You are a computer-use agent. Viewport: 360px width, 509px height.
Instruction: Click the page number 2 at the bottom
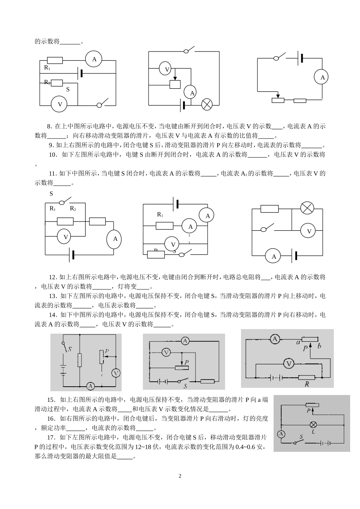[x=180, y=476]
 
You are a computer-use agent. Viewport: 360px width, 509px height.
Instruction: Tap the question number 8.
[x=49, y=126]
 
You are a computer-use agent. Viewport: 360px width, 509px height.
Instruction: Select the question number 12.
[x=53, y=277]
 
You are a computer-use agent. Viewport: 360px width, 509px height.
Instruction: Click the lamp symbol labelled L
[x=313, y=424]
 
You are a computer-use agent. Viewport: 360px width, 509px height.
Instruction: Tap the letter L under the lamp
[x=313, y=431]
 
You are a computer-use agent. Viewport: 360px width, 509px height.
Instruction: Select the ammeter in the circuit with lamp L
[x=281, y=434]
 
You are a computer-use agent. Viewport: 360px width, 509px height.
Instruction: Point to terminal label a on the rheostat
[x=298, y=343]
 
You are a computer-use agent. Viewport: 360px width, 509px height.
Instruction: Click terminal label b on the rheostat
[x=320, y=345]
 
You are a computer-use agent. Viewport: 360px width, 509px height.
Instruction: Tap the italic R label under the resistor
[x=306, y=384]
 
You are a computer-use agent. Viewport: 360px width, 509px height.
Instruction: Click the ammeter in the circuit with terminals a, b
[x=275, y=339]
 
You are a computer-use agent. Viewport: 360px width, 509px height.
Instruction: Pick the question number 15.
[x=51, y=400]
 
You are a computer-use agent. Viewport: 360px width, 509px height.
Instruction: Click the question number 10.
[x=53, y=155]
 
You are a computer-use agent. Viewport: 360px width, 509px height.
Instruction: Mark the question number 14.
[x=53, y=315]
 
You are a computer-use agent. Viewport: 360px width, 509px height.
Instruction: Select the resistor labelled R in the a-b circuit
[x=307, y=377]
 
